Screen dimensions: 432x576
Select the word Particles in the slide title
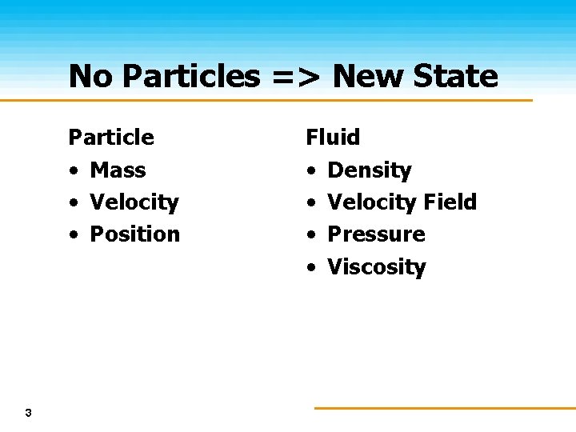coord(191,77)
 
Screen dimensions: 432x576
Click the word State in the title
coord(458,77)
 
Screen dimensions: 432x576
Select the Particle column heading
coord(111,138)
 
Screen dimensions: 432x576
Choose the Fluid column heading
coord(333,138)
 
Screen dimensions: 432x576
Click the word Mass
coord(118,170)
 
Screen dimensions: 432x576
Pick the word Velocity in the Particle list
coord(134,202)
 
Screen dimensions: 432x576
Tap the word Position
coord(134,234)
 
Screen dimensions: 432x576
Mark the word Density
coord(370,170)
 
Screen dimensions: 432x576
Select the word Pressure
coord(376,234)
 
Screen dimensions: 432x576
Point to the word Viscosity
coord(376,267)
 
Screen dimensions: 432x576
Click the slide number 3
coord(29,413)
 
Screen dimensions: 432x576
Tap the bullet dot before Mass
coord(73,171)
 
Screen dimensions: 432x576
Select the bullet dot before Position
coord(73,235)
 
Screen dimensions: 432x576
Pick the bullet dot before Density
coord(310,171)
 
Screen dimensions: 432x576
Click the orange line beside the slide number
coord(444,408)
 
